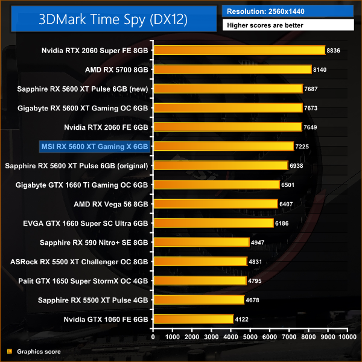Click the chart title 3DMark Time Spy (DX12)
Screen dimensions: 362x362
(113, 19)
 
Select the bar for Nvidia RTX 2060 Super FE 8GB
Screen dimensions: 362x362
(239, 51)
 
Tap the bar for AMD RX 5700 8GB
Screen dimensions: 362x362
(232, 70)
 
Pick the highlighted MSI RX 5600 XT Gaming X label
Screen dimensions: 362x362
(94, 146)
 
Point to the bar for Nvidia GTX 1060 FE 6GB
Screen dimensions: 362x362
(193, 319)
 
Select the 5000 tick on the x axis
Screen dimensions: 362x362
(250, 336)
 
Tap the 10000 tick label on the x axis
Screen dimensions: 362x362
(346, 336)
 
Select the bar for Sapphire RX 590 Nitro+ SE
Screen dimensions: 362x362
(201, 243)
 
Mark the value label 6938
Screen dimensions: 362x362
(299, 165)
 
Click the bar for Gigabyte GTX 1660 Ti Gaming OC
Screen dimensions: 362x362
(216, 185)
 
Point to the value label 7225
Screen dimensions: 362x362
(304, 147)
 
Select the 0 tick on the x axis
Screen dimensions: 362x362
(153, 336)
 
